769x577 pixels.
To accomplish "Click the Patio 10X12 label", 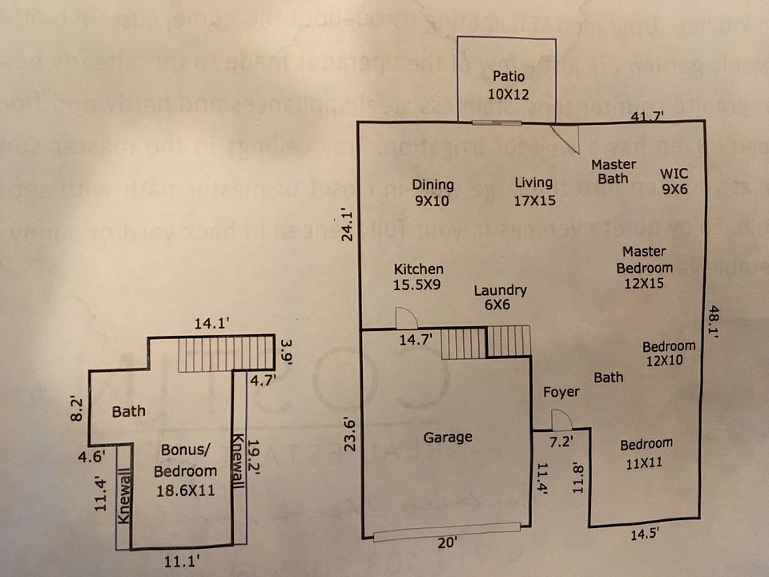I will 509,85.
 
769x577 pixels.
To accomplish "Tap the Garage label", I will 448,437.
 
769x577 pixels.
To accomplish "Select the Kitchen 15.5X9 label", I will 418,276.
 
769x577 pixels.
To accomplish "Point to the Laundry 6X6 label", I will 500,298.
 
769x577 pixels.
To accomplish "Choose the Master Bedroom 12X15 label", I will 645,267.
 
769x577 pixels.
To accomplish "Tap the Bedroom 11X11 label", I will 646,452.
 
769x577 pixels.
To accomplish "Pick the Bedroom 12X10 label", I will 669,353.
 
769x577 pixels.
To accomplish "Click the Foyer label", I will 561,393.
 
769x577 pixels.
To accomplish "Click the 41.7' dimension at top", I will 646,116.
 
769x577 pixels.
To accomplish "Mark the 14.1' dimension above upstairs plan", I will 212,325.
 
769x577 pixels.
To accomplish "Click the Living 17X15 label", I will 534,192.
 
